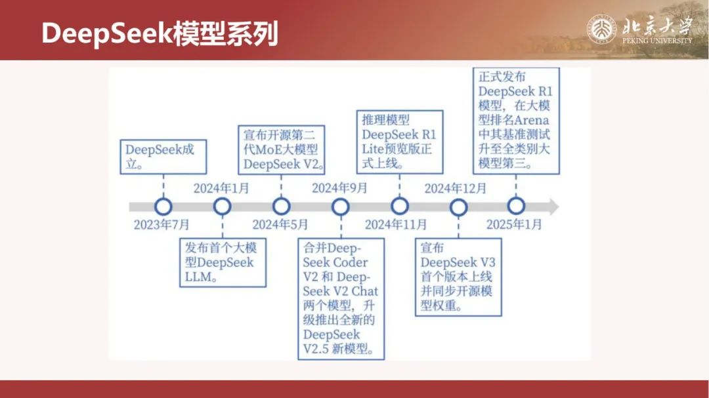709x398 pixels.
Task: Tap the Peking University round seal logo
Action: tap(601, 30)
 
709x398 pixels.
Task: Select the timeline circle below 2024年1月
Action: tap(223, 207)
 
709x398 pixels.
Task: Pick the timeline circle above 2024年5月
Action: tap(281, 207)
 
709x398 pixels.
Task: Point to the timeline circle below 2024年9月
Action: tap(340, 207)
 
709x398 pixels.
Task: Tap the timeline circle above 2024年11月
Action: tap(399, 207)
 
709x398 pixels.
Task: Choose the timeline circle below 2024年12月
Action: tap(458, 207)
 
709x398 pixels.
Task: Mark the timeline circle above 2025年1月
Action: tap(517, 207)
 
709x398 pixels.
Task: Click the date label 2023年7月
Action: tap(161, 224)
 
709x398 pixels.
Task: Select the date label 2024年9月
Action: tap(339, 189)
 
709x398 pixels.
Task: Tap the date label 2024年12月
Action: tap(456, 189)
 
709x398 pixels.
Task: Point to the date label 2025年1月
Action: tap(514, 224)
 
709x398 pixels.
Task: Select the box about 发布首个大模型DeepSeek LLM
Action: tap(223, 263)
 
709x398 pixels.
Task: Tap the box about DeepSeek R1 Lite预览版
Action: tap(402, 142)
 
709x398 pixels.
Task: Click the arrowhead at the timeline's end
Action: tap(553, 207)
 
